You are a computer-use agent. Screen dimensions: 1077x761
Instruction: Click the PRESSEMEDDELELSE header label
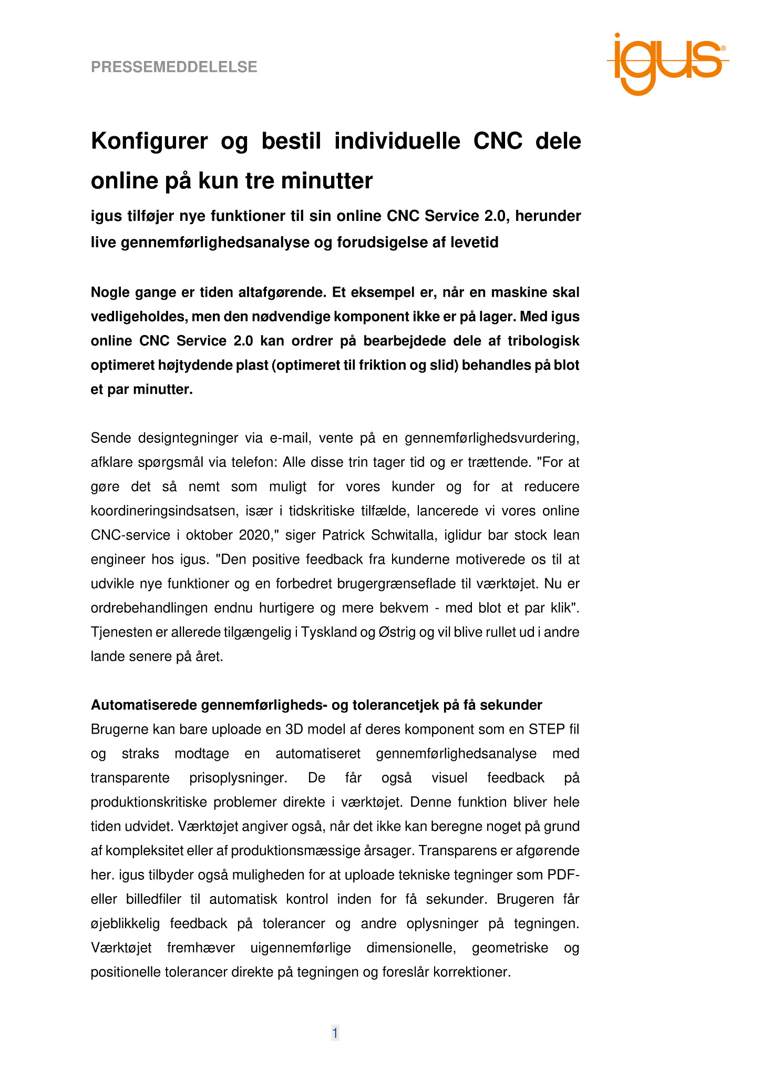click(174, 67)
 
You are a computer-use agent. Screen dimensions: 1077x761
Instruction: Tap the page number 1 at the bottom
click(335, 1033)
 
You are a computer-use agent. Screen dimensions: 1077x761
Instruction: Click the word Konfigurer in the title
click(149, 141)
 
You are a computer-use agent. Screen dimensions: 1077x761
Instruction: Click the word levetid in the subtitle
click(475, 242)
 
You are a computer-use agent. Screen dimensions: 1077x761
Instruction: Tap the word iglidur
click(464, 535)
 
